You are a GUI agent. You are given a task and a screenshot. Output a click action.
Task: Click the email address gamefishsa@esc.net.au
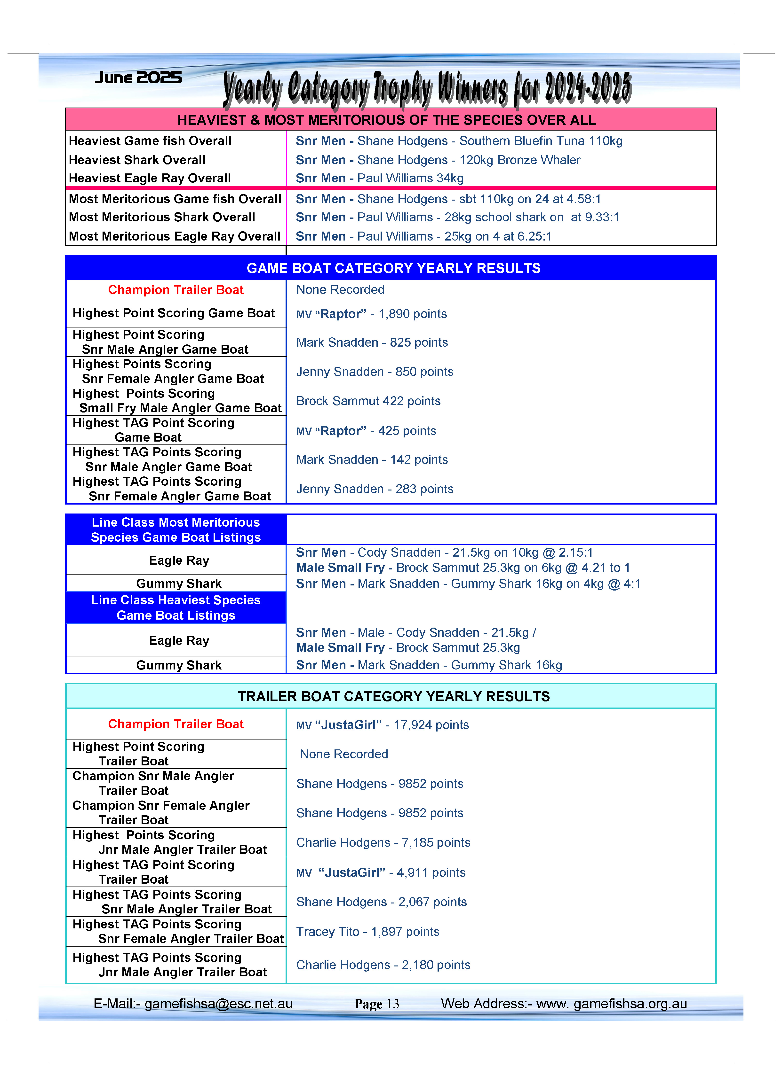pos(218,1004)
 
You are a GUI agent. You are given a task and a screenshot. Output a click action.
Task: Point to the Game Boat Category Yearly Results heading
pos(393,268)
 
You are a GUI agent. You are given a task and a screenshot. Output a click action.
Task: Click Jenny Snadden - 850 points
pos(375,372)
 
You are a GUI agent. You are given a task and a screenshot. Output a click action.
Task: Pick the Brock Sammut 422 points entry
pos(368,401)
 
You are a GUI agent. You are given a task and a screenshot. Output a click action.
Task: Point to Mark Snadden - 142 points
pos(372,460)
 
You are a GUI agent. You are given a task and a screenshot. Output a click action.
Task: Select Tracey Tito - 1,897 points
pos(368,932)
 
